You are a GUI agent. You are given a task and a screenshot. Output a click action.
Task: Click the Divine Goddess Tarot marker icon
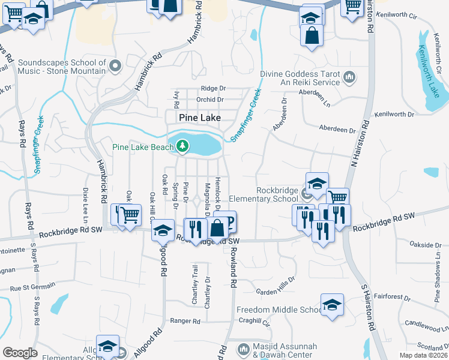(x=349, y=77)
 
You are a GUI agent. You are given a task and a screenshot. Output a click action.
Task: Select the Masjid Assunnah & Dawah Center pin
(x=243, y=349)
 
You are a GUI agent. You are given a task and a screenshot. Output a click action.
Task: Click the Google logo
(x=20, y=352)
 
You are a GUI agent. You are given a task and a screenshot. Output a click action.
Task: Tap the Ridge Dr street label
(x=213, y=88)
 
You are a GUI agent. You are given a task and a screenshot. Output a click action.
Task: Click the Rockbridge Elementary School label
(x=277, y=195)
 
